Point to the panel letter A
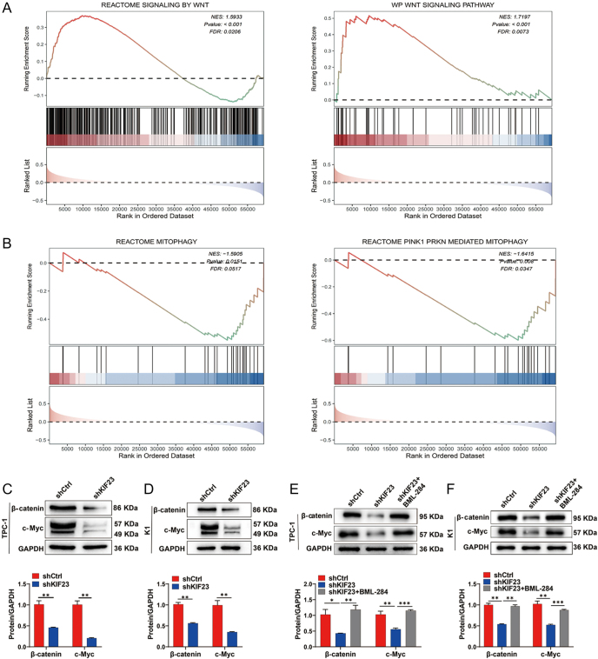click(6, 7)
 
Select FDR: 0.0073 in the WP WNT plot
click(531, 31)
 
